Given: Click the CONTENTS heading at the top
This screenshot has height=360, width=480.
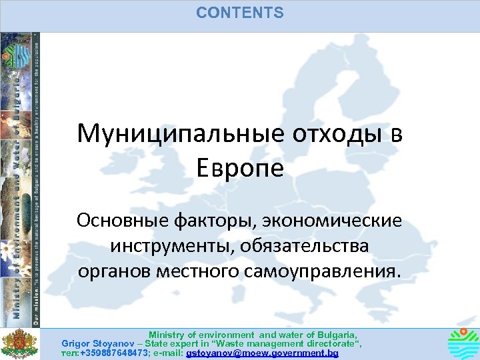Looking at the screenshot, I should [240, 13].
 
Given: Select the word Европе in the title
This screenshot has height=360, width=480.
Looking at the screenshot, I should [240, 167].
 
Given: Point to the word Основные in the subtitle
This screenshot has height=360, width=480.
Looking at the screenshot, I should [117, 220].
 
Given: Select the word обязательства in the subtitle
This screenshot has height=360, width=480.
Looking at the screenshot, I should [299, 247].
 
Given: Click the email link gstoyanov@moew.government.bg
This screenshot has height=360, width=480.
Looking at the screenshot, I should [263, 353].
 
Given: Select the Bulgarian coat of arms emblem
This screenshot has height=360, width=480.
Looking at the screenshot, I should [19, 344].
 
